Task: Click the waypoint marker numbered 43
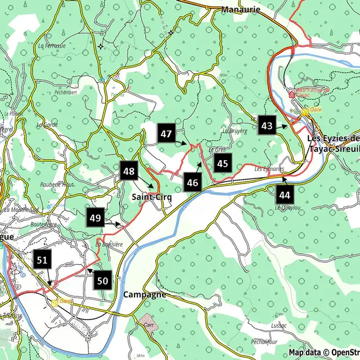tap(267, 126)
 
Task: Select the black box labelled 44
tap(285, 195)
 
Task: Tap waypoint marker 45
tap(223, 164)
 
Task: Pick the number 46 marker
tap(193, 182)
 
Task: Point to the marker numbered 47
tap(166, 134)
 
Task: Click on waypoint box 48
tap(128, 171)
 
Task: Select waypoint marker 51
tap(42, 260)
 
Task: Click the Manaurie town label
tap(241, 10)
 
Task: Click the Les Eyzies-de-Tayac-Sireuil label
tap(333, 143)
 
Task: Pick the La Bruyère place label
tap(235, 131)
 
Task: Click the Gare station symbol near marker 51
tap(56, 302)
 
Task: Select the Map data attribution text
tap(324, 353)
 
